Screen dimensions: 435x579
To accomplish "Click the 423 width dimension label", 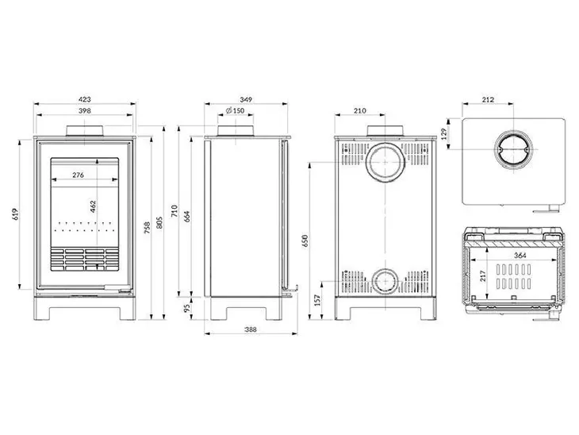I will click(x=85, y=100).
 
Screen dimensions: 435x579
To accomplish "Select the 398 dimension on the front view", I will click(x=85, y=112).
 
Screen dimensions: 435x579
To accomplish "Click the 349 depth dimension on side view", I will click(x=246, y=100).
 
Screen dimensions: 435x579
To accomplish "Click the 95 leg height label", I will click(x=187, y=309).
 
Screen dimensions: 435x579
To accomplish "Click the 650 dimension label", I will click(x=305, y=240).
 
